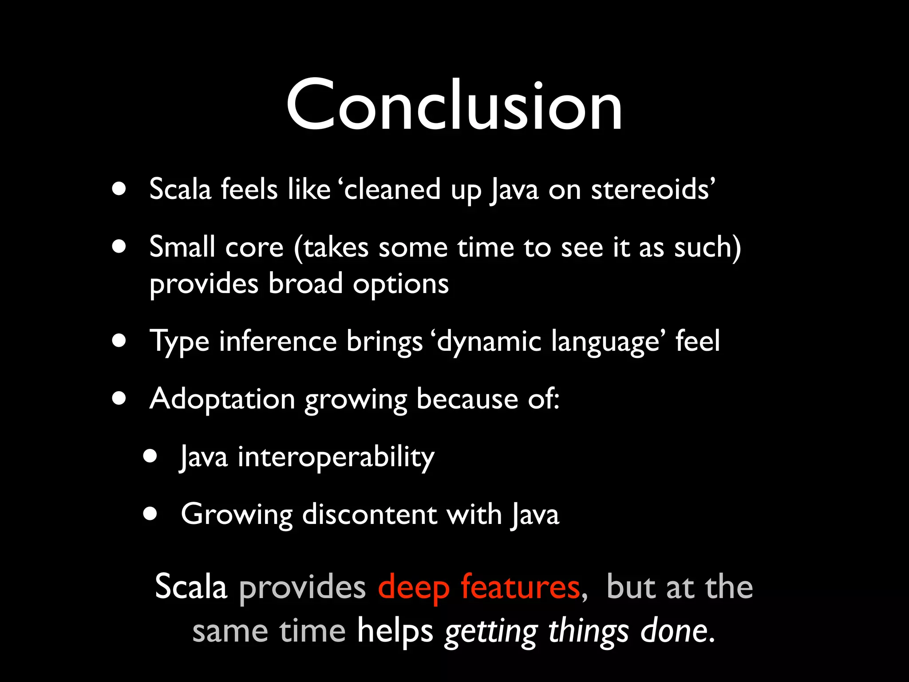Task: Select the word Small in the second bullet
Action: [182, 247]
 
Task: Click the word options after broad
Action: [400, 284]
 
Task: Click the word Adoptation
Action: [222, 399]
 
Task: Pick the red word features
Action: [520, 587]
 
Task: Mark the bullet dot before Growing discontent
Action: [150, 514]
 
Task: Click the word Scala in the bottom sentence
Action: [191, 587]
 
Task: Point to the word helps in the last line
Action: [395, 631]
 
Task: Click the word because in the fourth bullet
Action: [467, 399]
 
